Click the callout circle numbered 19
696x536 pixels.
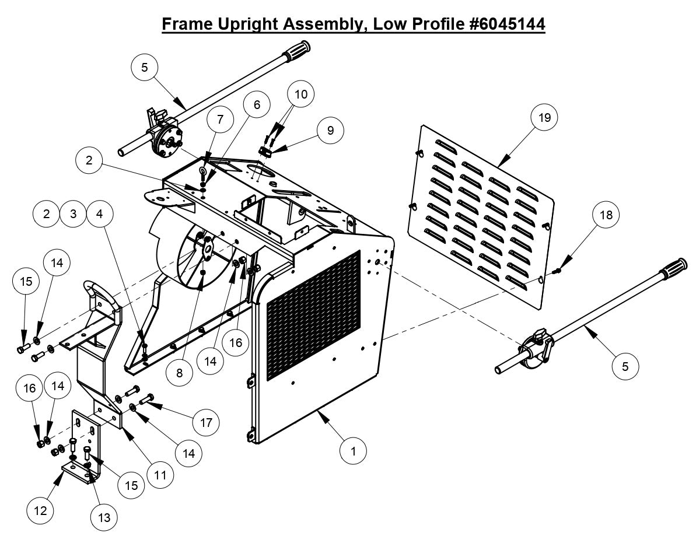pyautogui.click(x=544, y=118)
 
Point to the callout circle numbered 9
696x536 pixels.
pyautogui.click(x=331, y=130)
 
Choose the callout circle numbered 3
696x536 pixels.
pyautogui.click(x=72, y=213)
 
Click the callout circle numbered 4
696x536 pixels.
pyautogui.click(x=99, y=213)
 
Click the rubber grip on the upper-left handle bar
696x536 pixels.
pyautogui.click(x=298, y=48)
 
